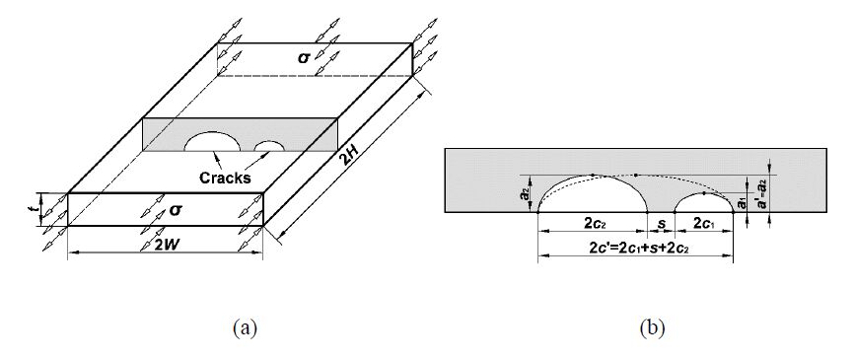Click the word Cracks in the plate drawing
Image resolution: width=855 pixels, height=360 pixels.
225,178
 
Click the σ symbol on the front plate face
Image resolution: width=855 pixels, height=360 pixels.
175,209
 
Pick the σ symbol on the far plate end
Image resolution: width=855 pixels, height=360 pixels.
304,57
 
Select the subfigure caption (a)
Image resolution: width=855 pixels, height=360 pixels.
245,328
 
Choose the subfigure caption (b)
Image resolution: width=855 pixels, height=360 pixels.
652,328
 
